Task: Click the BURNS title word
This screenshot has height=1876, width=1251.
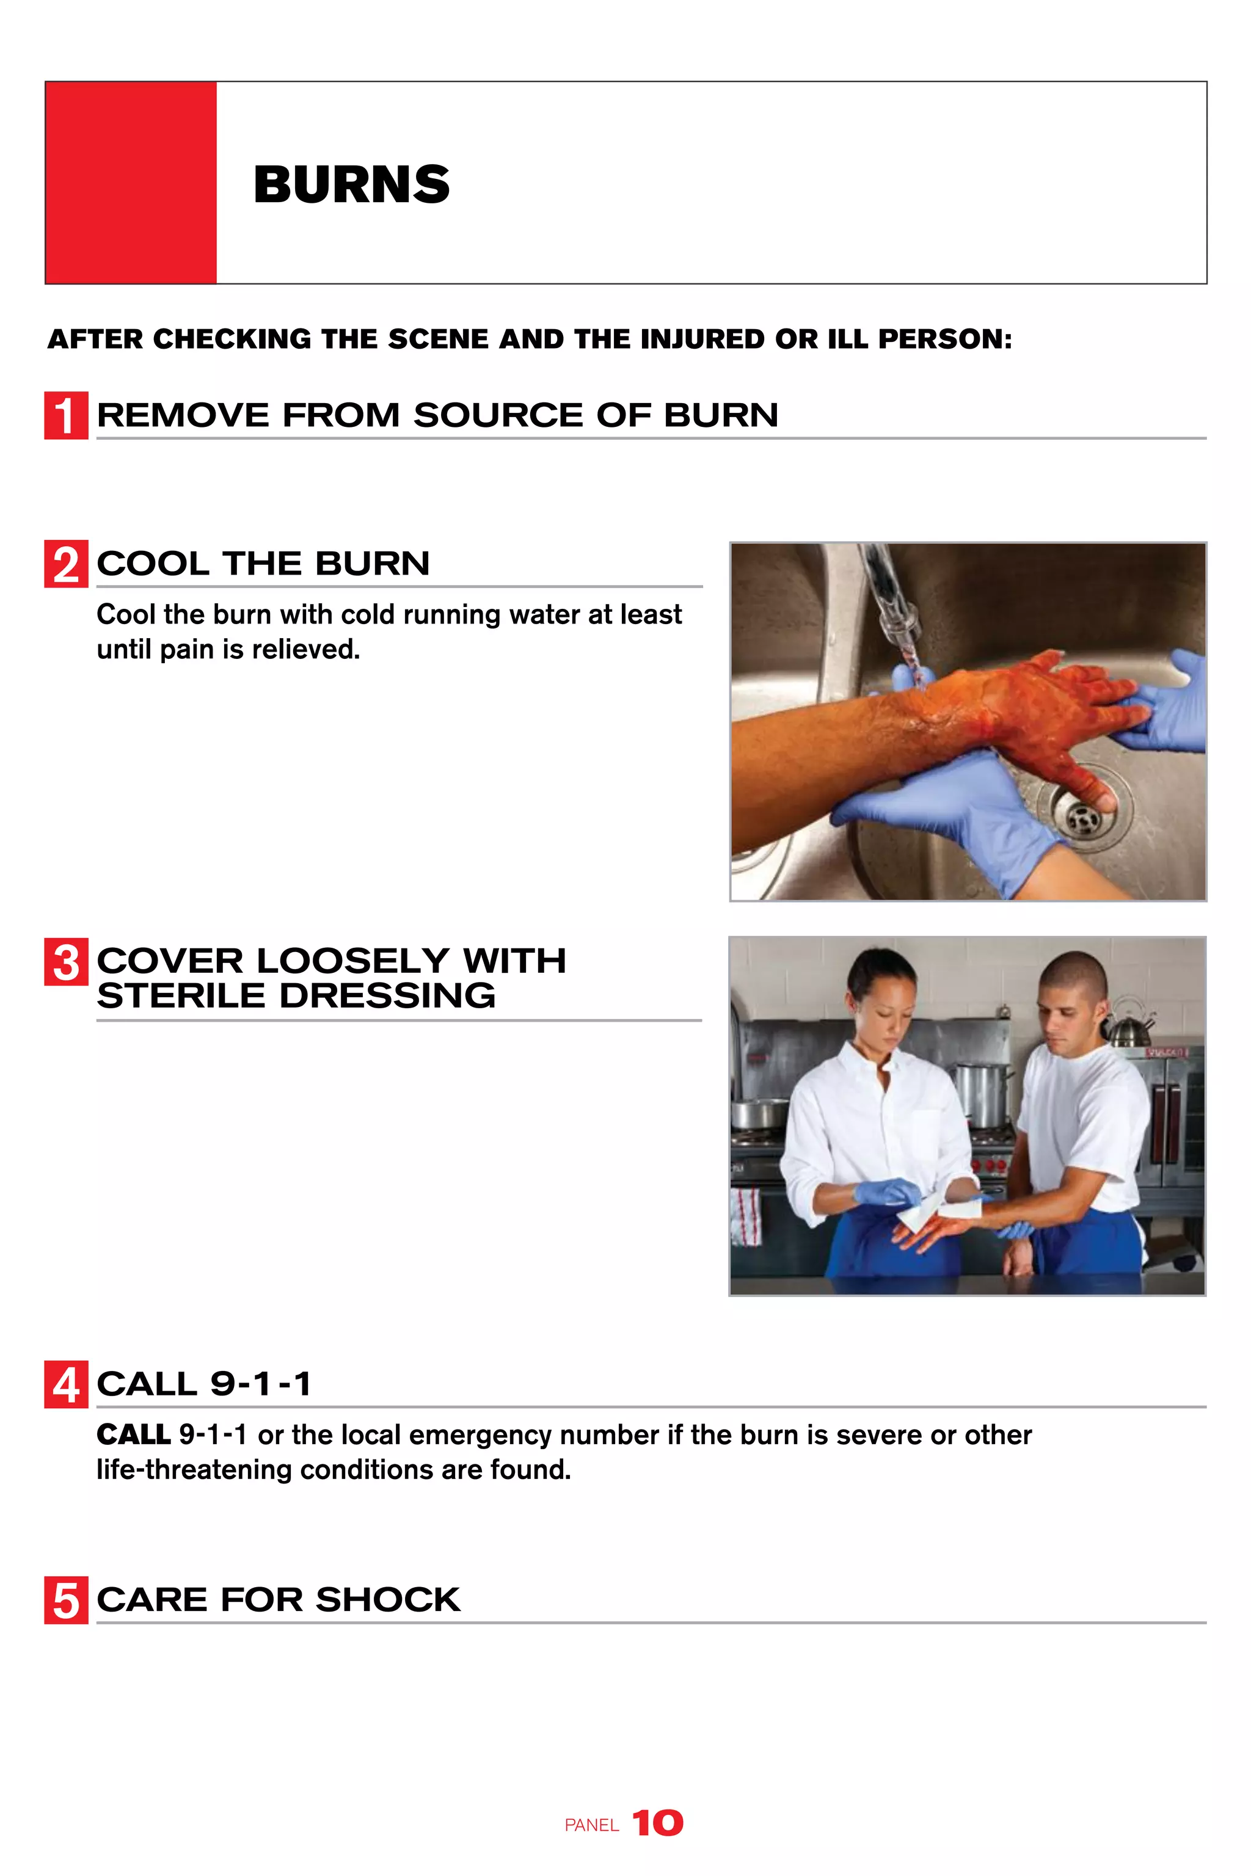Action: (351, 184)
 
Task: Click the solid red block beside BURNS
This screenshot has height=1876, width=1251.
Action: (131, 183)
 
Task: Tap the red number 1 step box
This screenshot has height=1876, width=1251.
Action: (65, 415)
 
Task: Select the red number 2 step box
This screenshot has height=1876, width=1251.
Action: (65, 565)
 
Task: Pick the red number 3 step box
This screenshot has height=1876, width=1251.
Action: (65, 962)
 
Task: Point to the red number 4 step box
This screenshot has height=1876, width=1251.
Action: (65, 1386)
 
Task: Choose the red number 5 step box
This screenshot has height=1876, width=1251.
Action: (65, 1601)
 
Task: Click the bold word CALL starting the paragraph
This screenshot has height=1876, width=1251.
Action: (133, 1435)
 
